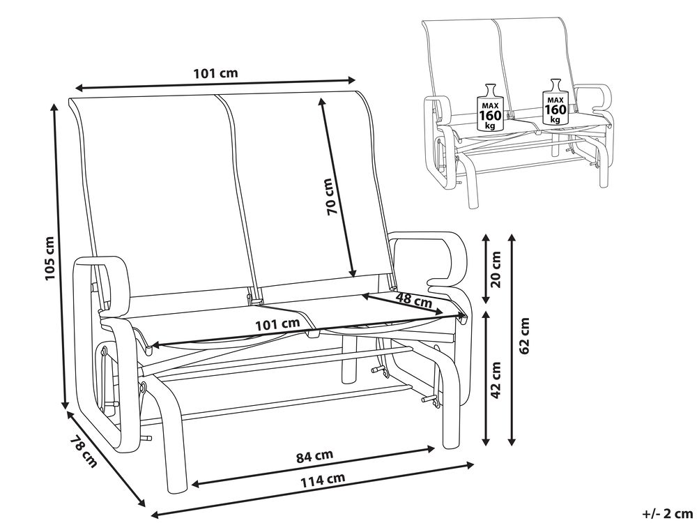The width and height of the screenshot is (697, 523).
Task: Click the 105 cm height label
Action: click(49, 258)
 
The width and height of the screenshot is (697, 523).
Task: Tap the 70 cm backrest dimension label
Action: click(332, 197)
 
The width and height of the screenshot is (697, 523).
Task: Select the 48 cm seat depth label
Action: click(414, 300)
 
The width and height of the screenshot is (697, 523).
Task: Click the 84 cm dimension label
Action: click(315, 456)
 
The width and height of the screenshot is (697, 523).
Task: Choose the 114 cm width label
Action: click(323, 480)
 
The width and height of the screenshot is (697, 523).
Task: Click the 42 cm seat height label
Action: click(496, 379)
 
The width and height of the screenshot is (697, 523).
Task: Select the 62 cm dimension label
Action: click(525, 335)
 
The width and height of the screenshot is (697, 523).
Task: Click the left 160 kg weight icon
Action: click(490, 107)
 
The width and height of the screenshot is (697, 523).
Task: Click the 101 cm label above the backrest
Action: click(215, 73)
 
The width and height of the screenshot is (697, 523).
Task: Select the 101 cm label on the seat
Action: click(277, 324)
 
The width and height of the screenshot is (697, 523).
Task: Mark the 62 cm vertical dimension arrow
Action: click(512, 341)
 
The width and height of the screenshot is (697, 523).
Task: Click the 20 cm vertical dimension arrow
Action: click(486, 268)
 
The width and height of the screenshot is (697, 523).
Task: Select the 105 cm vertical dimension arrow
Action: click(60, 256)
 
